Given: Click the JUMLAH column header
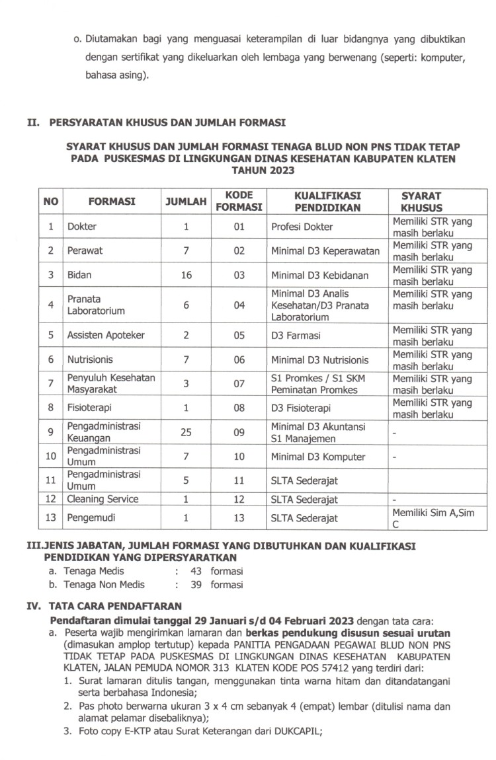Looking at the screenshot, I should pos(186,202).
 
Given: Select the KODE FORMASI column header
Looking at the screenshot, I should pos(238,201).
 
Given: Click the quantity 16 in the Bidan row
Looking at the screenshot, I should pos(186,275).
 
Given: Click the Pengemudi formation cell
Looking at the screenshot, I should pos(87,518).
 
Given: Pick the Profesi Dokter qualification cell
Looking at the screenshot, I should pos(302,227).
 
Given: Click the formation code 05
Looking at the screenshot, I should pos(239,335).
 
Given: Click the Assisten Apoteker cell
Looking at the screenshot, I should pos(106,335).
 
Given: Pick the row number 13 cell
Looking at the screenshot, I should pos(50,518).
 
